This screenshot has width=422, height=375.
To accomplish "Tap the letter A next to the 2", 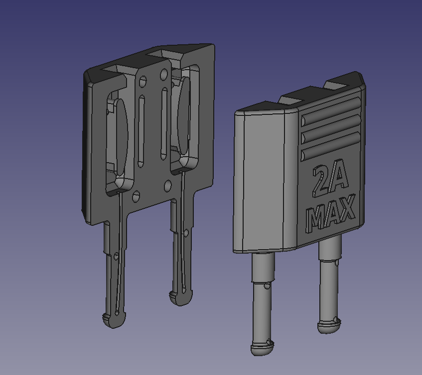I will (337, 177).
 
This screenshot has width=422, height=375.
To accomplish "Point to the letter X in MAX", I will (348, 208).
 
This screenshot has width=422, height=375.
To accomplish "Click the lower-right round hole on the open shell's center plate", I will (168, 187).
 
